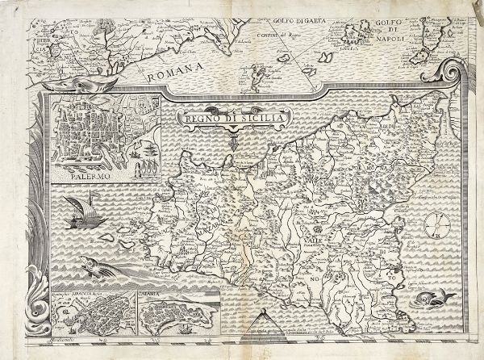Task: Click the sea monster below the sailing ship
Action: [x=93, y=264]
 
